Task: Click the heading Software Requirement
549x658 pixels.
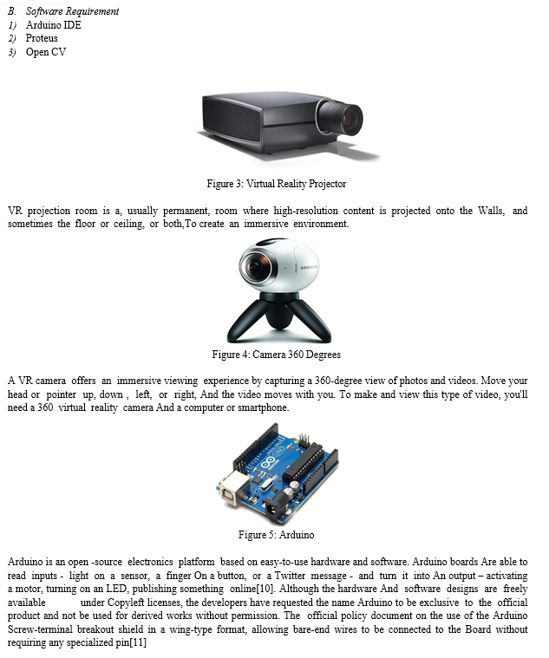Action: point(72,11)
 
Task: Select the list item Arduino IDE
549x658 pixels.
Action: point(53,25)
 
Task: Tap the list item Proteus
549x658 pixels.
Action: point(42,38)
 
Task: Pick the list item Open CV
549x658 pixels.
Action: point(46,52)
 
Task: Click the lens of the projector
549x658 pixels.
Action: point(345,118)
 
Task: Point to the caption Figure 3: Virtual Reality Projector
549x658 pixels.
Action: point(276,184)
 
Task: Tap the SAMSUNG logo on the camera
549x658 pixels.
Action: point(309,267)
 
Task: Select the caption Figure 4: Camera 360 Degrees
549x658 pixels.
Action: point(276,355)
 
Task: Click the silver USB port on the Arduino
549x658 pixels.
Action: point(232,487)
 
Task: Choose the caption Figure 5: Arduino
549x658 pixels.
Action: point(276,535)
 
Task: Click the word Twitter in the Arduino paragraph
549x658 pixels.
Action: point(290,576)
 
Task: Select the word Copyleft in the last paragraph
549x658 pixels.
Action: point(126,603)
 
